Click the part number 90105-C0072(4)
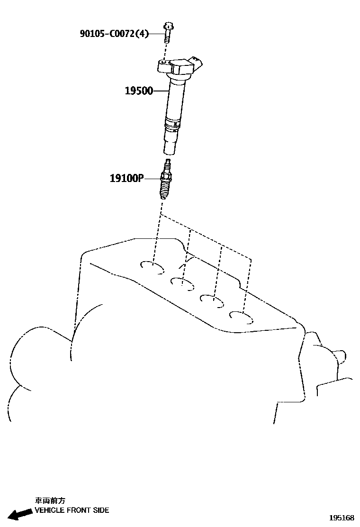click(x=114, y=34)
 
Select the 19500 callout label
click(x=139, y=91)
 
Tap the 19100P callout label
click(x=126, y=178)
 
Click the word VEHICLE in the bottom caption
click(x=50, y=510)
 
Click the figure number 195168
click(x=342, y=518)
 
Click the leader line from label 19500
click(x=161, y=91)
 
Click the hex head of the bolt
click(x=168, y=26)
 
